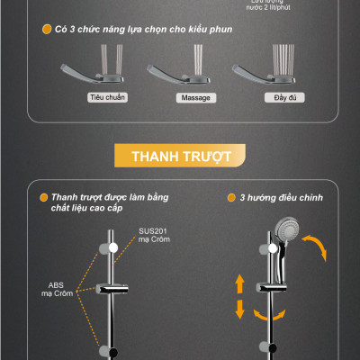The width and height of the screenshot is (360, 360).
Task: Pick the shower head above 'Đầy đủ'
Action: (x=256, y=71)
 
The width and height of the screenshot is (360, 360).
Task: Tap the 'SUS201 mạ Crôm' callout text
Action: (x=152, y=237)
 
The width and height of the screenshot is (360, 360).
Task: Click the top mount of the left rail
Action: (x=110, y=247)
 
